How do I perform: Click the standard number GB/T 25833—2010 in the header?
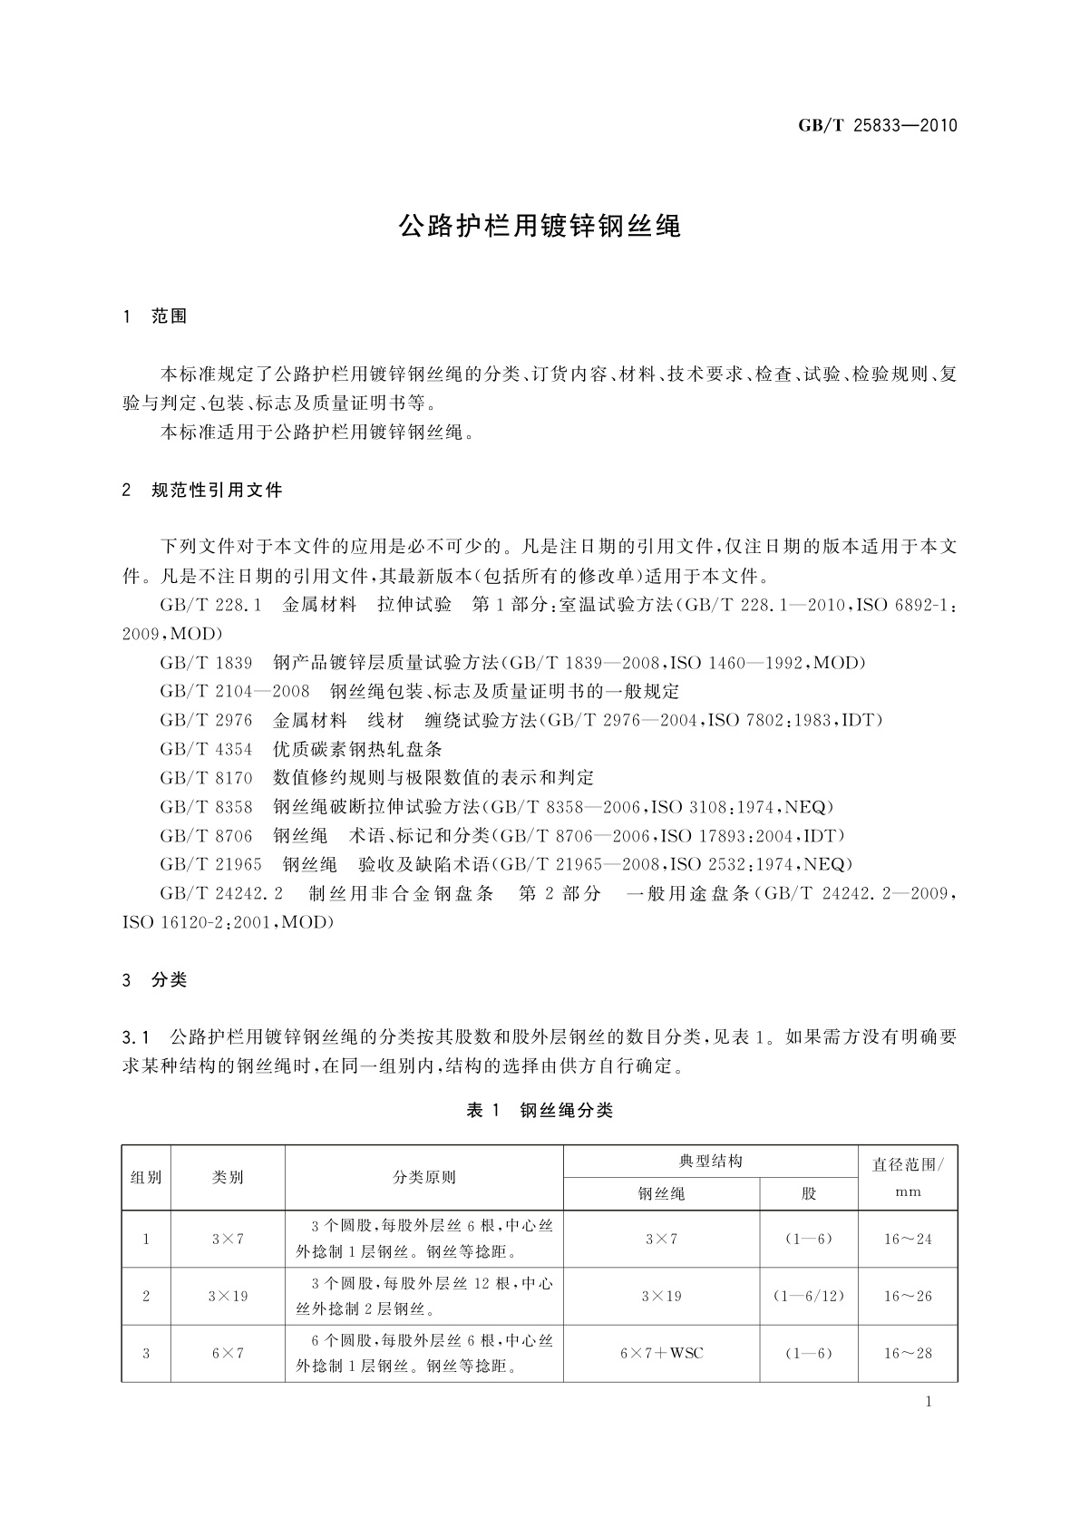point(877,126)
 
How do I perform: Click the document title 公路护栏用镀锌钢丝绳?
point(540,226)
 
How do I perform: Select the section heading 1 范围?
point(155,316)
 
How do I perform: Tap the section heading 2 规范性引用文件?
point(202,491)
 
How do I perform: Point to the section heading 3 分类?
point(155,980)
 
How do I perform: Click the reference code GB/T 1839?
point(206,663)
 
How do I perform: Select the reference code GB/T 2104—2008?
point(235,692)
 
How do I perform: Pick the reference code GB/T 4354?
point(206,749)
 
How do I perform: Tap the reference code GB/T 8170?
point(206,778)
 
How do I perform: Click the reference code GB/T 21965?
point(210,864)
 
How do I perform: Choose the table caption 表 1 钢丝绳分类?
point(540,1111)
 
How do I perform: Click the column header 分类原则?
point(423,1177)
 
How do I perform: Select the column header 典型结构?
point(710,1161)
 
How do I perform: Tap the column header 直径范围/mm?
point(908,1177)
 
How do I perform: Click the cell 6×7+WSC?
point(661,1353)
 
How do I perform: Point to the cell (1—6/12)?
point(808,1296)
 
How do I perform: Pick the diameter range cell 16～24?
point(908,1239)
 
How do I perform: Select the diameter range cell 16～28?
point(908,1353)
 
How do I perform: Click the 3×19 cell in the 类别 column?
point(228,1296)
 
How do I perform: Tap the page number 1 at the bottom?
point(929,1403)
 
